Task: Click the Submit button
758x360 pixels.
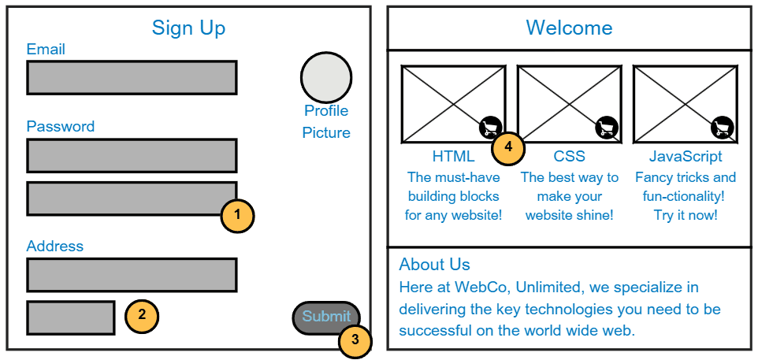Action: click(326, 317)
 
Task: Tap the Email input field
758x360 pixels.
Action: click(132, 77)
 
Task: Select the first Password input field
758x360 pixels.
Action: click(132, 155)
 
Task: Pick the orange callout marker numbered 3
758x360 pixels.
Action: click(355, 340)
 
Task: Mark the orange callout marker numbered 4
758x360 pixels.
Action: click(508, 147)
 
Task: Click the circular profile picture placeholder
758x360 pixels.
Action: click(326, 77)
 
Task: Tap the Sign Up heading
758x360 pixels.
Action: click(188, 28)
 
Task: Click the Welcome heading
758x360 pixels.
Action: click(569, 28)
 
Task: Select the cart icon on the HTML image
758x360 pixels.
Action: click(490, 127)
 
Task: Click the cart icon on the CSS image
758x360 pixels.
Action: click(606, 127)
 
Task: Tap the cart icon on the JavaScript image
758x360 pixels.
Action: click(722, 127)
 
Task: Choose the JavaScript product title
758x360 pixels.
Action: click(686, 157)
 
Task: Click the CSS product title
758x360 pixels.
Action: click(569, 157)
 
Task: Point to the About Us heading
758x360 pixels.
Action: click(434, 265)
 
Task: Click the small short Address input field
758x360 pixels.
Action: click(71, 317)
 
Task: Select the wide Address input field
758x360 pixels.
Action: click(132, 275)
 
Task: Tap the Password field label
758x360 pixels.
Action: click(60, 127)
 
